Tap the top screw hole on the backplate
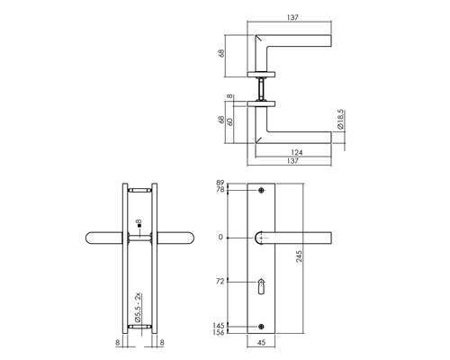coord(262,192)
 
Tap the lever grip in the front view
coord(301,238)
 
